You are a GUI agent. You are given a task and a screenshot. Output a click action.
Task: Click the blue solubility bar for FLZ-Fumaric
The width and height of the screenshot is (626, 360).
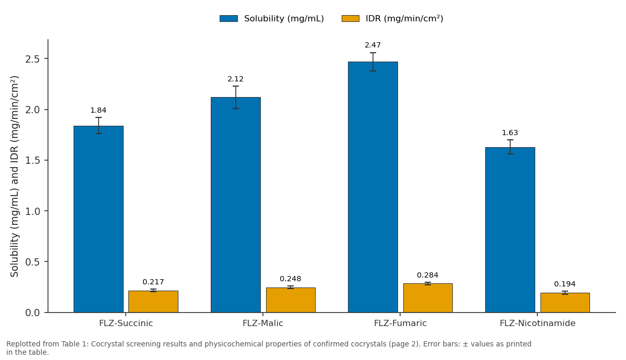(373, 187)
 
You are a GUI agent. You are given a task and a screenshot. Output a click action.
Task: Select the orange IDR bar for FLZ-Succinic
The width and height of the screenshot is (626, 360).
(153, 302)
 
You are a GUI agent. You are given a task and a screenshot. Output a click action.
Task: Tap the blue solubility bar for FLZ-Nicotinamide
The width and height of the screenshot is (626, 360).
(510, 230)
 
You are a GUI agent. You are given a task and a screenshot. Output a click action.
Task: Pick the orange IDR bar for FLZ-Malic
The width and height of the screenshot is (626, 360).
(291, 300)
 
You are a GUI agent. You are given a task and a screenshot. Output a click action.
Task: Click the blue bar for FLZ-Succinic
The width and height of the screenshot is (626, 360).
(99, 219)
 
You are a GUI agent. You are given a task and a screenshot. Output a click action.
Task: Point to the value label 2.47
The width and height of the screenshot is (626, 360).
(373, 45)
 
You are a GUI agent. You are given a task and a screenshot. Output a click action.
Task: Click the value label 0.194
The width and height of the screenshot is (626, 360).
(565, 284)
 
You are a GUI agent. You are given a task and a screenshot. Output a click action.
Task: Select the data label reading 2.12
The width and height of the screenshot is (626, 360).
(236, 79)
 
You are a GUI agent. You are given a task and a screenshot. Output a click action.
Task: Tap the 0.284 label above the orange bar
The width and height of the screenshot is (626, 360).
(428, 275)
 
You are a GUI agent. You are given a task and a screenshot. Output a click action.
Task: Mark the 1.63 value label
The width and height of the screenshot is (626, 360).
(510, 133)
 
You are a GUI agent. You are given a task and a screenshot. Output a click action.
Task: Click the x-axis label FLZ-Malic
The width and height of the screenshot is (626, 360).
(263, 323)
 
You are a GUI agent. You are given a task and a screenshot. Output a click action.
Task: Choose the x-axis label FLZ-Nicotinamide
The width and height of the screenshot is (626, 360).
(537, 323)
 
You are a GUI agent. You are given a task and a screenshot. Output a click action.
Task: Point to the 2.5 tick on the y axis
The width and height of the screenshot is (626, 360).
(32, 59)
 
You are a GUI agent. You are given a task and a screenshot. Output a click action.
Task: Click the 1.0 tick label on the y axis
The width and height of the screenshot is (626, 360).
(32, 211)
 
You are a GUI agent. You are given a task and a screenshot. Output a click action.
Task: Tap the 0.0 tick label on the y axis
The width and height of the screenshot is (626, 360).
(32, 313)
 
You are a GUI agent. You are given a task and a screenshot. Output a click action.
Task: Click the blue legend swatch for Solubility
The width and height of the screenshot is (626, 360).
(228, 18)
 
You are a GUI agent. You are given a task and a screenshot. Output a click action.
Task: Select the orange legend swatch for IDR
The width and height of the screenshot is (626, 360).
(351, 18)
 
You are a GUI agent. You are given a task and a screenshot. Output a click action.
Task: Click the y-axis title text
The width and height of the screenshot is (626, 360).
(14, 176)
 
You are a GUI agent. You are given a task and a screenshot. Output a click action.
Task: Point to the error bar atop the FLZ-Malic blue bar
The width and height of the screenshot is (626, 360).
(236, 97)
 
